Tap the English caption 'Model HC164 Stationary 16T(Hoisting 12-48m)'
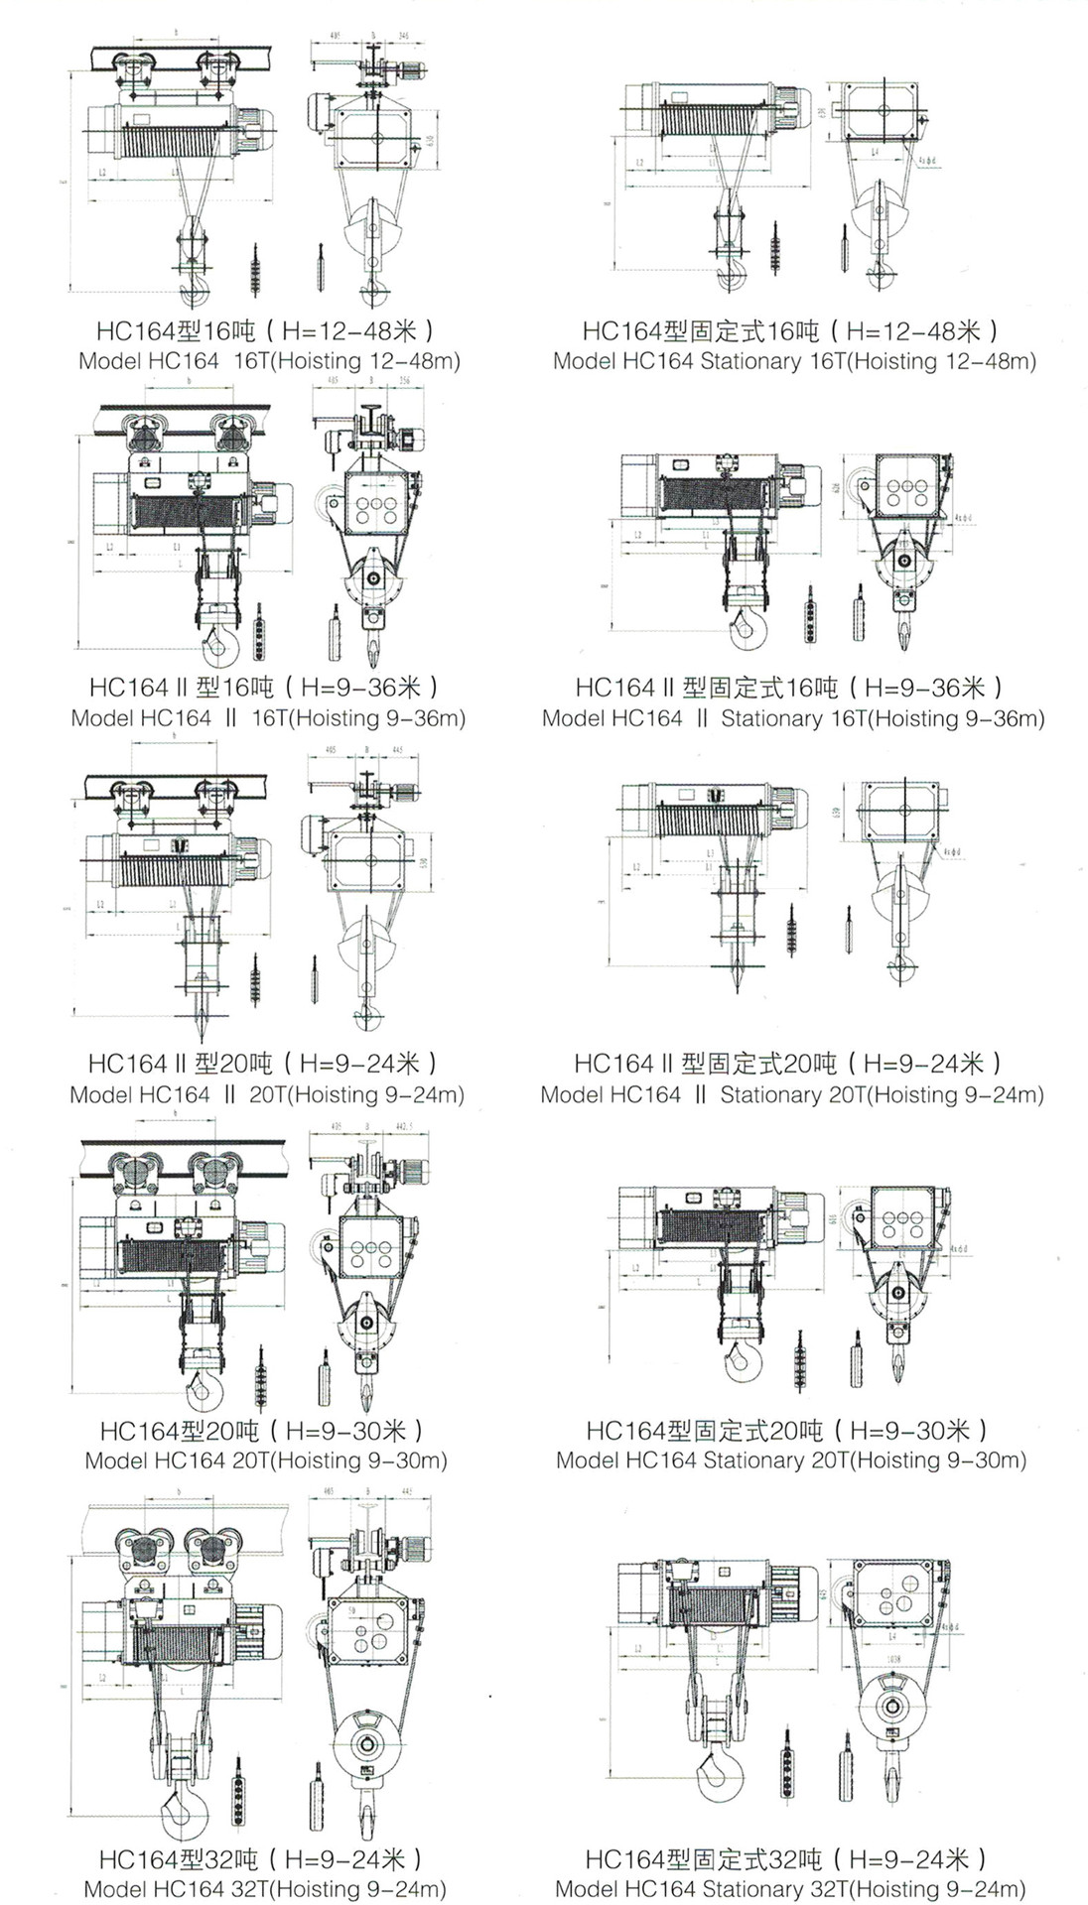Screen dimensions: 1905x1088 [x=794, y=361]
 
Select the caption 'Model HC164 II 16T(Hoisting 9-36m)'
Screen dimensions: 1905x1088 [x=268, y=717]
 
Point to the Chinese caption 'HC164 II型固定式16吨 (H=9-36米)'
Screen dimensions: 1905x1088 [x=790, y=687]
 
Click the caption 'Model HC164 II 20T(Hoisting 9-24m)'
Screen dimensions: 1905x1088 [x=267, y=1094]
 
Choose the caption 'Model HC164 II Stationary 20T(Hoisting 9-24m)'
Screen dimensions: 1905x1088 [x=792, y=1094]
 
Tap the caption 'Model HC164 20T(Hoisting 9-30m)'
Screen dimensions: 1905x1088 [x=266, y=1460]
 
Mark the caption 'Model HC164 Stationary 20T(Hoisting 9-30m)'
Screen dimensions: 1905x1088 [x=791, y=1460]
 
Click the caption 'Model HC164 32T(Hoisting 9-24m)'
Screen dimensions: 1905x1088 [x=265, y=1889]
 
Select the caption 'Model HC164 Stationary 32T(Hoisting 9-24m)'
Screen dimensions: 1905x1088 [x=790, y=1889]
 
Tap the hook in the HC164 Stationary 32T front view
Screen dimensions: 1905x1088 [x=719, y=1773]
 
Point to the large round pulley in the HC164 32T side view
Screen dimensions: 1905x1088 [x=366, y=1744]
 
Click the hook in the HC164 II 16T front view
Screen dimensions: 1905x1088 [x=220, y=646]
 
